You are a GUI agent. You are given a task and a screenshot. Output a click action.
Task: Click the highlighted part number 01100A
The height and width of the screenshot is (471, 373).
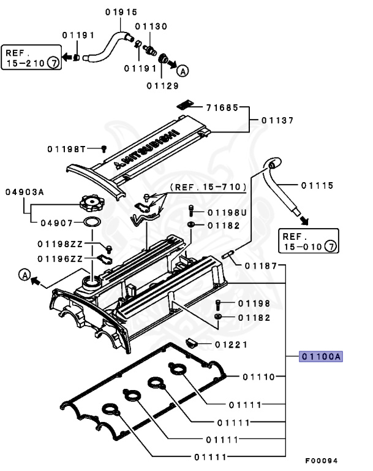[320, 356]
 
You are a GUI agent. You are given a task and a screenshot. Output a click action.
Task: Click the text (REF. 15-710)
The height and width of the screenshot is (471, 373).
[208, 186]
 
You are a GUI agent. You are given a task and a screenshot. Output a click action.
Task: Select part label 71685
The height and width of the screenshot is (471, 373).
[223, 108]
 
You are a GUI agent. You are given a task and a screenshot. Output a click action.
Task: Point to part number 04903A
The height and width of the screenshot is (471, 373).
[25, 192]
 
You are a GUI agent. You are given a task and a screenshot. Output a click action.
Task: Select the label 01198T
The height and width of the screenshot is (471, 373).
[68, 148]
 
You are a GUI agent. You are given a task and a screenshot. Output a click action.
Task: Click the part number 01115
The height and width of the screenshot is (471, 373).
[317, 185]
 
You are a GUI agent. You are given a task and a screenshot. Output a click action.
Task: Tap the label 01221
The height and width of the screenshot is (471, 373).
[230, 344]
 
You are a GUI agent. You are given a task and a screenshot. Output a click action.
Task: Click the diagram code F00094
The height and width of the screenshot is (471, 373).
[321, 461]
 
